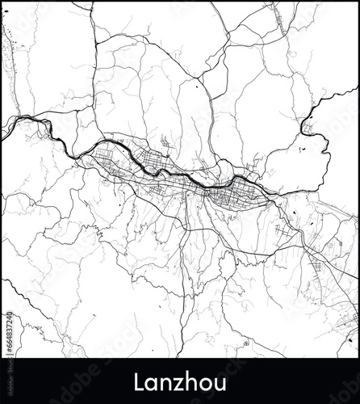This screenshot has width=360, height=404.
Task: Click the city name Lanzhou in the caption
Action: click(x=180, y=381)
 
